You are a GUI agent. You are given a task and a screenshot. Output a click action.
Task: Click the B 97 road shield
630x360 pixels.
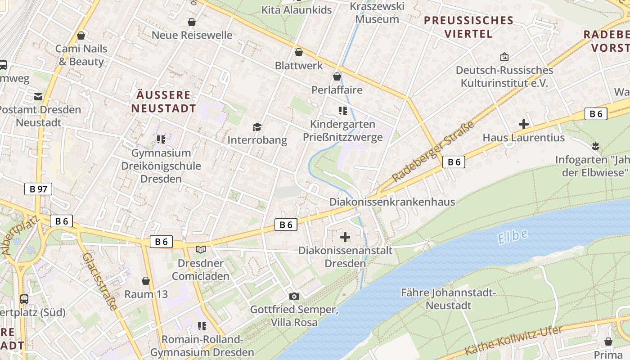(38, 189)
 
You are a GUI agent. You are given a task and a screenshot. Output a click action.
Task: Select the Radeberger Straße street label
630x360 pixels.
(433, 152)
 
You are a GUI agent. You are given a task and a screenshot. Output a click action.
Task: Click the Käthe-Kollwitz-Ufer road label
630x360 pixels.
(513, 341)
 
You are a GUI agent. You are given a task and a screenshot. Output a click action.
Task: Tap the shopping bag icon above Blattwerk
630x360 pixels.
(298, 53)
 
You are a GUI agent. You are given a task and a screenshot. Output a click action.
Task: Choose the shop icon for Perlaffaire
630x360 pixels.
(337, 76)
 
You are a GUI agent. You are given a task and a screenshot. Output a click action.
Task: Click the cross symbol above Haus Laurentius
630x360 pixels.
(523, 124)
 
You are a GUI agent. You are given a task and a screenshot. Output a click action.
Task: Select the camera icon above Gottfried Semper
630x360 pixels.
(294, 296)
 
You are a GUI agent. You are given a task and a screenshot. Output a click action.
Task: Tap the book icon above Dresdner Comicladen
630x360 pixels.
(201, 249)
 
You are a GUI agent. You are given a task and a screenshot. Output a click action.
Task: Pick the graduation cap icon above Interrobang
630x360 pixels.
(257, 127)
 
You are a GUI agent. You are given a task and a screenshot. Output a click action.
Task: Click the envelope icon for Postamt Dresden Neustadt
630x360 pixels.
(38, 96)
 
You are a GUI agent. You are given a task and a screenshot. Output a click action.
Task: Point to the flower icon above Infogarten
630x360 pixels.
(596, 146)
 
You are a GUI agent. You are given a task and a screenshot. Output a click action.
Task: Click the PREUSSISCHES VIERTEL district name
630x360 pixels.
(468, 27)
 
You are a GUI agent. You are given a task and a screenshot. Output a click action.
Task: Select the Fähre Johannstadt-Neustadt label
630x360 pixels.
(448, 299)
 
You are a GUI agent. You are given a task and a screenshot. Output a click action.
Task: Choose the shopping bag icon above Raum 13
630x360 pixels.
(146, 281)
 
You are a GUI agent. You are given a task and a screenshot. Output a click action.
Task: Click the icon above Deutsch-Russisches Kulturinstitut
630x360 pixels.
(504, 57)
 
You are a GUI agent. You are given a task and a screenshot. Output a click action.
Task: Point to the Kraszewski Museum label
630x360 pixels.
(377, 13)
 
